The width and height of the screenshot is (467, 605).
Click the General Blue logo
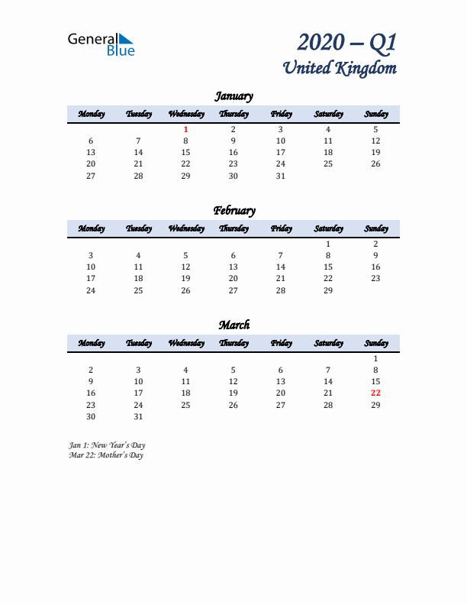click(x=101, y=44)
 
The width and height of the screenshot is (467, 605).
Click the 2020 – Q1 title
click(x=347, y=43)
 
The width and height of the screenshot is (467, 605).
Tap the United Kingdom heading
click(x=340, y=68)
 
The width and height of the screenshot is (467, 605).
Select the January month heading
click(x=233, y=96)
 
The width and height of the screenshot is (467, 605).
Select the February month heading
click(x=233, y=211)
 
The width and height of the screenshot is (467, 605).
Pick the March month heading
click(x=233, y=325)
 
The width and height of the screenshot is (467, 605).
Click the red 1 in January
click(x=185, y=130)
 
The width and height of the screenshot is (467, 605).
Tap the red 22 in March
click(x=375, y=393)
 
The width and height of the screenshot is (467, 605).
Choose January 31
click(x=281, y=176)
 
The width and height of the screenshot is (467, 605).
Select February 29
click(x=328, y=290)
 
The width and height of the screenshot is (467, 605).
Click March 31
click(x=138, y=416)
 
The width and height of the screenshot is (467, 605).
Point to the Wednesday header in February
click(x=185, y=228)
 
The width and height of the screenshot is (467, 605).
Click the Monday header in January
click(x=91, y=114)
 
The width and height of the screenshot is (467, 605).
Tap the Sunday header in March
click(x=375, y=343)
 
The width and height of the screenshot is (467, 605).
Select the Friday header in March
click(x=281, y=343)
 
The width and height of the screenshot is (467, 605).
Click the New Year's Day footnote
click(x=107, y=445)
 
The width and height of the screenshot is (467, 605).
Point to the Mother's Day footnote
click(x=105, y=455)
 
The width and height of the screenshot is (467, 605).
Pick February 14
click(x=281, y=267)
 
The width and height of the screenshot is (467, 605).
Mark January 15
click(x=185, y=153)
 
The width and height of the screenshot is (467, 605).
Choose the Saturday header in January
click(x=328, y=114)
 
